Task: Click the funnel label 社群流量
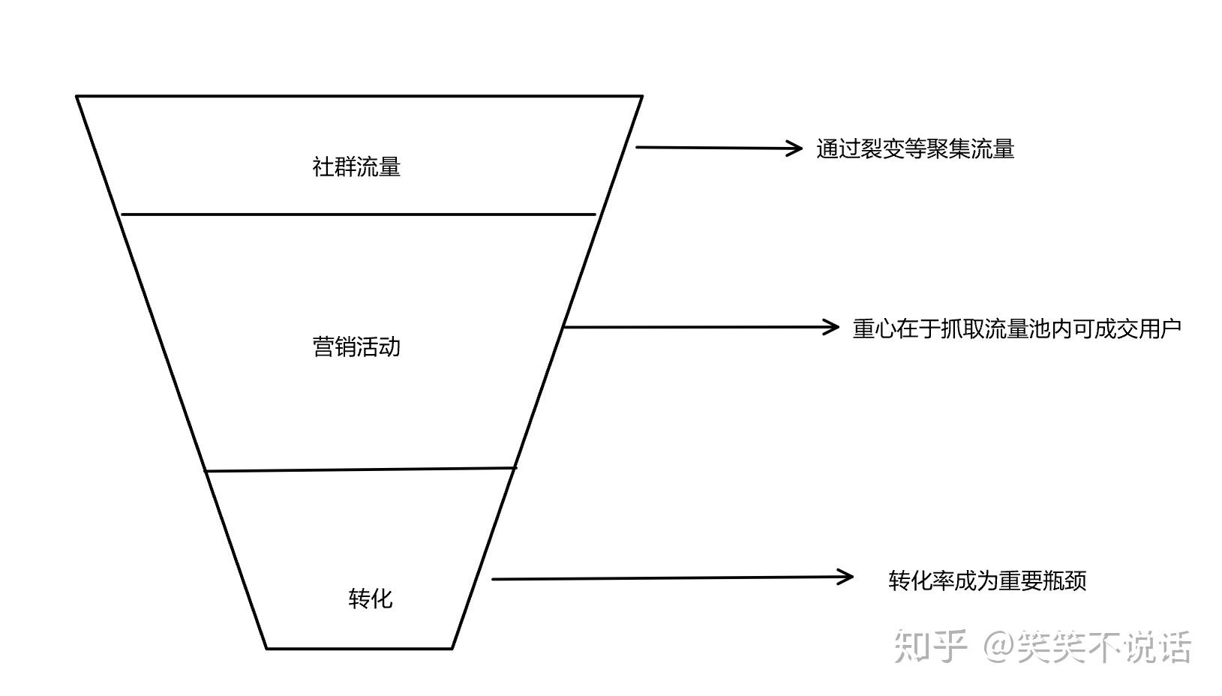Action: click(356, 166)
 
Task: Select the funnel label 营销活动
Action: click(356, 346)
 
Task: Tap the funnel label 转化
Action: click(370, 598)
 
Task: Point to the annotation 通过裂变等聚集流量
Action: click(915, 148)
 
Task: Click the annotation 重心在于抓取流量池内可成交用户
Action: click(1016, 328)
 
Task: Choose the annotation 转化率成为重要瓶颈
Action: click(987, 580)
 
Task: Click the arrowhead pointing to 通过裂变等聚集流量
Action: click(797, 148)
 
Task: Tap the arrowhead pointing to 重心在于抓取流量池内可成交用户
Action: click(833, 327)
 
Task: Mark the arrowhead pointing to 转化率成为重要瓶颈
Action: click(847, 577)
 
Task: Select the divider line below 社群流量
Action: click(359, 214)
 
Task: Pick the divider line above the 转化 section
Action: click(361, 469)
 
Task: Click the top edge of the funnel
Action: click(359, 96)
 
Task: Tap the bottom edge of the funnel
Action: click(359, 648)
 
